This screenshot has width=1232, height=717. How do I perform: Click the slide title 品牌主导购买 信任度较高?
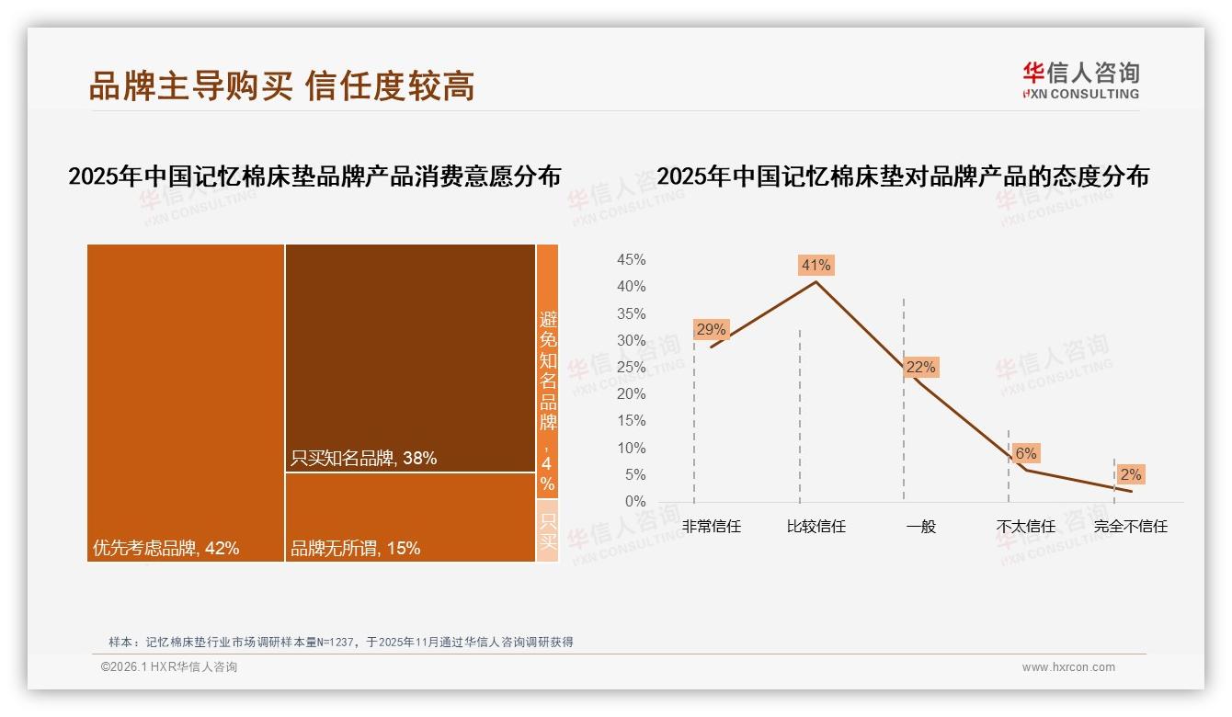281,85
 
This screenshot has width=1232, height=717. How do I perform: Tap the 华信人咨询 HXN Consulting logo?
1081,81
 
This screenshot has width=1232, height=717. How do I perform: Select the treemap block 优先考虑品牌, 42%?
186,403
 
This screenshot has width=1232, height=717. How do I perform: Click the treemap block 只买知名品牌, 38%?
410,358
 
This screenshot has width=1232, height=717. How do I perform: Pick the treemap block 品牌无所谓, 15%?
410,517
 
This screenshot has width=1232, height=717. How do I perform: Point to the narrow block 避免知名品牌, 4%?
547,371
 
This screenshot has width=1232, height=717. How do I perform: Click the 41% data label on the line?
816,266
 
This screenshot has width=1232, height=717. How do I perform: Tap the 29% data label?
711,329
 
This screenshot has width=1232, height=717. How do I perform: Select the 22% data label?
920,368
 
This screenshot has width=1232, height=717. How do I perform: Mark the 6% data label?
1025,453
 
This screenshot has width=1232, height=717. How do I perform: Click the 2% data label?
1130,474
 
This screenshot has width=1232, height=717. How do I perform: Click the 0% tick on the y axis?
635,502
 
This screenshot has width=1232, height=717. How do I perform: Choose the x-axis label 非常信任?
711,527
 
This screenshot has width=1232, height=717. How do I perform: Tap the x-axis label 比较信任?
816,527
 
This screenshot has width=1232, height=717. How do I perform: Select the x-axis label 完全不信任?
1130,527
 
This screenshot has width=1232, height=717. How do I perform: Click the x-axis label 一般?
920,527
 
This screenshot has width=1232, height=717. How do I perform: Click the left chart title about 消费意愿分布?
314,176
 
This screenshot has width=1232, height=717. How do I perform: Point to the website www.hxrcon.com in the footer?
1068,667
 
